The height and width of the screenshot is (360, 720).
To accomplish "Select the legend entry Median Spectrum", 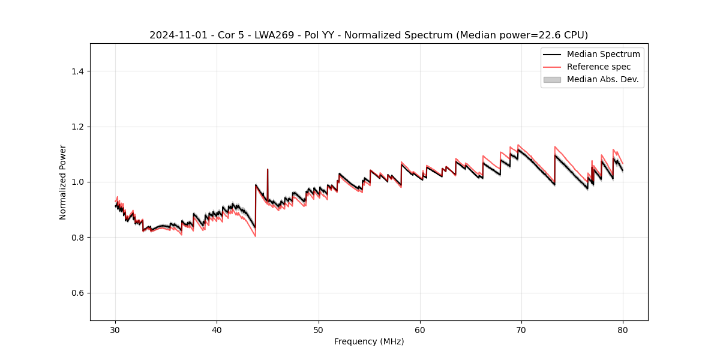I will tap(603, 54).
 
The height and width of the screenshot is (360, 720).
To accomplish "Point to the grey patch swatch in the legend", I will tap(552, 79).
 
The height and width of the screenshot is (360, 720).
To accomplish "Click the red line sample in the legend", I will tap(552, 67).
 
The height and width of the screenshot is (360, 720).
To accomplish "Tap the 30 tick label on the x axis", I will tap(116, 330).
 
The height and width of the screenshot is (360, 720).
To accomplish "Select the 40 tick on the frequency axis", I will tap(217, 330).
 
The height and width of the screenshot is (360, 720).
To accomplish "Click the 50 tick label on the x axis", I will tap(319, 330).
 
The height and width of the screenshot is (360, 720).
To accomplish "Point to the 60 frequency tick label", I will tap(420, 330).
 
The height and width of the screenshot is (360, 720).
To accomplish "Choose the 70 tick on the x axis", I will tap(521, 330).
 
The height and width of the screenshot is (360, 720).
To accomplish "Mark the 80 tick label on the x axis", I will tap(623, 330).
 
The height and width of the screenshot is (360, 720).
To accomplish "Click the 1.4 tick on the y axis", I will tap(77, 71).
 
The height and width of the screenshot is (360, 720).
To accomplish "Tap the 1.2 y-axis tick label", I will tap(77, 127).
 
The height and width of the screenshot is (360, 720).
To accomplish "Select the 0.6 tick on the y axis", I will tap(77, 293).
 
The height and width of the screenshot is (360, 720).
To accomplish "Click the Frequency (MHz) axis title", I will tap(369, 341).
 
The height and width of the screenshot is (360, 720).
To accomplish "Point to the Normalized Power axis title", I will tap(63, 182).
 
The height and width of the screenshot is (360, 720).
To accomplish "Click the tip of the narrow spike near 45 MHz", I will tap(268, 169).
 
